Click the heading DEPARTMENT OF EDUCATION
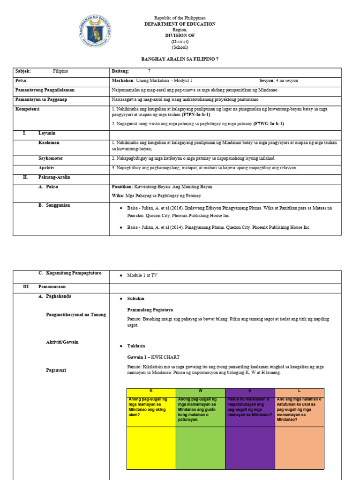tap(180, 24)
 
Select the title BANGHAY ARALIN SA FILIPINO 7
tap(180, 60)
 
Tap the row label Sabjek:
tap(23, 71)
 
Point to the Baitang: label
tap(120, 71)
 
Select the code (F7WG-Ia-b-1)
tap(269, 124)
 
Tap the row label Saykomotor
tap(51, 158)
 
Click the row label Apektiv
tap(46, 168)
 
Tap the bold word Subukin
tap(136, 299)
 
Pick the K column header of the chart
tap(151, 390)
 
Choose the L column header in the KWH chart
tap(299, 390)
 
